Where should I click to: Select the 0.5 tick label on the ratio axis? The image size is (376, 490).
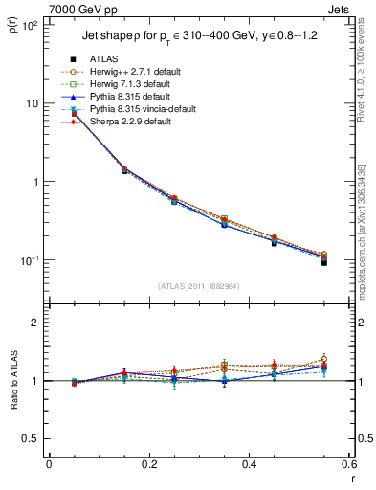[x=31, y=438]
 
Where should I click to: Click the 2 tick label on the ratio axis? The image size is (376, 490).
[x=35, y=323]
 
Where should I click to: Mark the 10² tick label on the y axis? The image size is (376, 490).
[x=29, y=25]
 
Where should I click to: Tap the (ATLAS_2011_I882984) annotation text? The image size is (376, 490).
[x=197, y=286]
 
